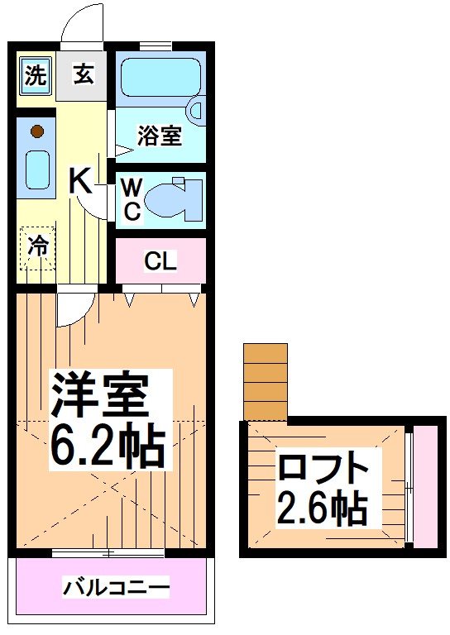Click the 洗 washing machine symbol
coord(34,75)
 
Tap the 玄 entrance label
coord(83,75)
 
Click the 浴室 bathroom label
coord(160,136)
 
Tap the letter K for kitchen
coord(80,179)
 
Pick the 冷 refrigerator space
coord(36,246)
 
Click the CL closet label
coord(160,261)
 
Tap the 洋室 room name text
coord(101,396)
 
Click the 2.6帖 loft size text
coord(323,508)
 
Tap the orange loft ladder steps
coord(265,381)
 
